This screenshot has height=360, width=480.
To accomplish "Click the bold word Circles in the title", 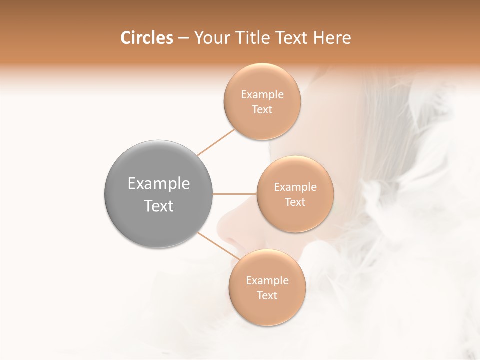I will [146, 38].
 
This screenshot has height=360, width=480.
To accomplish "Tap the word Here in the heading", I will [332, 38].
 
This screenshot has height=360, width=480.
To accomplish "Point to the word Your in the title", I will [210, 38].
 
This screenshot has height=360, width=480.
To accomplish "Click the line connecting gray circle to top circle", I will [216, 142].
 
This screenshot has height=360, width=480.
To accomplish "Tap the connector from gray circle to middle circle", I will [235, 194].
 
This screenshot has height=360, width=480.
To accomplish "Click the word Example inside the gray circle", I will [159, 184].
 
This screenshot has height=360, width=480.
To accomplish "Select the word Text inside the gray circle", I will [159, 206].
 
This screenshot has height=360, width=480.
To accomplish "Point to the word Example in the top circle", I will [262, 95].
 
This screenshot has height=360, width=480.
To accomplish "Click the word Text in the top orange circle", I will [262, 110].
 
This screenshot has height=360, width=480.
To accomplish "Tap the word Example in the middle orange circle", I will [295, 187].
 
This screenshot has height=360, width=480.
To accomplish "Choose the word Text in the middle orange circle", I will [295, 202].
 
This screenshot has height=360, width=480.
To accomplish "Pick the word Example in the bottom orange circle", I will [267, 281].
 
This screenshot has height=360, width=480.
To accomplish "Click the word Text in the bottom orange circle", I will [267, 296].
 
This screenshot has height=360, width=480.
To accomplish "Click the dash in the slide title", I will [183, 38].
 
